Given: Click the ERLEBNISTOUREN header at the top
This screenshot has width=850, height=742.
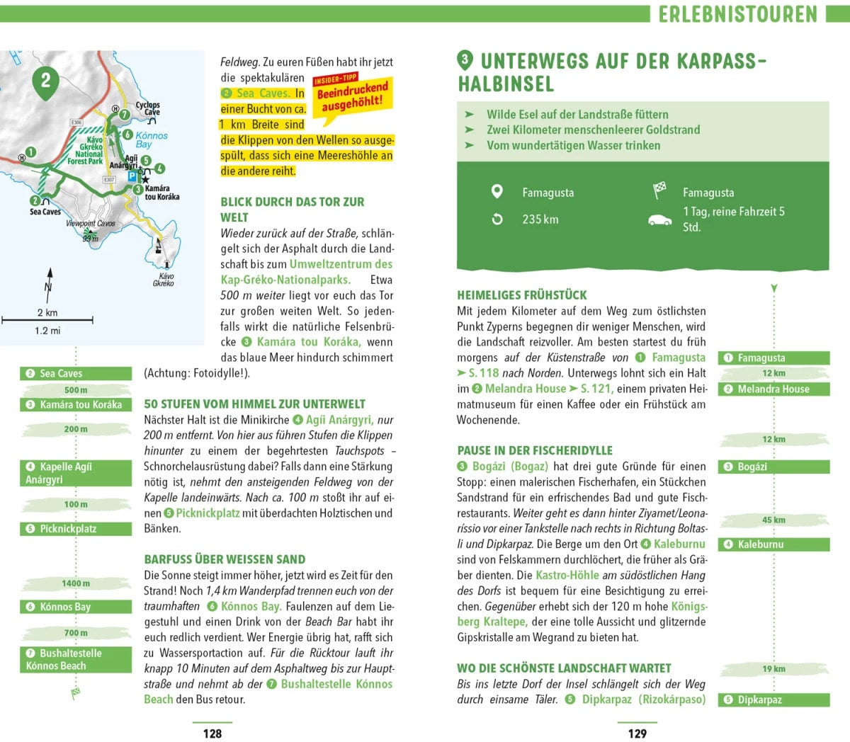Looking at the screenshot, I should click(x=737, y=14).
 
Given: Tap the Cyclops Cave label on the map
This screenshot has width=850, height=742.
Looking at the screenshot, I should click(x=148, y=108).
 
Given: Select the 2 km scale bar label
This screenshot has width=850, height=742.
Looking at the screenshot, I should click(x=47, y=312).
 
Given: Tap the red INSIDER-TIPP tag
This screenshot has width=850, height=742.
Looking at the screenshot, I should click(x=335, y=79).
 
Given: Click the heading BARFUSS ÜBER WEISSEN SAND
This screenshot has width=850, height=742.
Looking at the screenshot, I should click(x=225, y=559).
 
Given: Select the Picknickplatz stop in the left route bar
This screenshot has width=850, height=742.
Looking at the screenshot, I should click(x=75, y=529).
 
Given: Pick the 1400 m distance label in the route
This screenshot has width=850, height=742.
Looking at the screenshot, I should click(x=76, y=583).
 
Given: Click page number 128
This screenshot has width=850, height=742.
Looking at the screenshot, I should click(x=212, y=734).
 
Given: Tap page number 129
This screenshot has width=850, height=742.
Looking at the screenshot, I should click(x=637, y=734).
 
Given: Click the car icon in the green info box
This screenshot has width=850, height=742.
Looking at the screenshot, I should click(x=659, y=219).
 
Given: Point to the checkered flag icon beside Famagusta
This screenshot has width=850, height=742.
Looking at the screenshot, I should click(x=659, y=190).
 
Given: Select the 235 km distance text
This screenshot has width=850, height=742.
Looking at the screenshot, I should click(x=540, y=219).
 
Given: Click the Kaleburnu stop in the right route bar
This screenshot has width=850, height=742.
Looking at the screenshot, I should click(x=773, y=544).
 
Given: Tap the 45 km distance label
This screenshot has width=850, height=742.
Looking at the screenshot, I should click(x=773, y=520).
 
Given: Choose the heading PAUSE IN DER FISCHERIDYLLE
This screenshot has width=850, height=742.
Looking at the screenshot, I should click(x=535, y=450).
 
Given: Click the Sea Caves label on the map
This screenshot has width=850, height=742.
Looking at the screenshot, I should click(x=45, y=212).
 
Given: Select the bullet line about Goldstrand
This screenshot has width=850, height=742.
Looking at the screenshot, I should click(x=593, y=130).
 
